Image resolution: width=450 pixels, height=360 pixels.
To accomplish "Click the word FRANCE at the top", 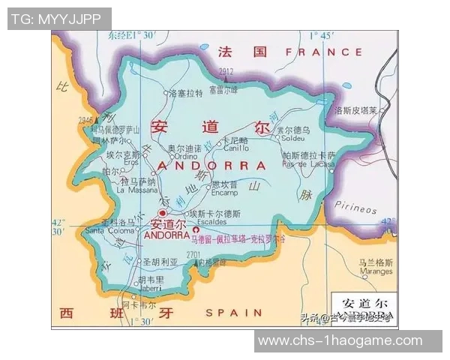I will [x=319, y=52].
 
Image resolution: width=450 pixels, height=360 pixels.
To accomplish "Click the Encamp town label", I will [x=224, y=191].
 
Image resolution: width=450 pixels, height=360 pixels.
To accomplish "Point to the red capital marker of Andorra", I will [x=161, y=214].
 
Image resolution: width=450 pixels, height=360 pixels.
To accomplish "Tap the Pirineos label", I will [x=355, y=208].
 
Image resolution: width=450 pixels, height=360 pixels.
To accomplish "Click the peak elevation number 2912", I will [x=226, y=72].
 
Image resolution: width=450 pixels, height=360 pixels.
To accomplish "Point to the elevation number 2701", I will [x=192, y=255].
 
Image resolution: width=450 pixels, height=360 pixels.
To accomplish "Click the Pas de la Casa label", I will [x=309, y=164].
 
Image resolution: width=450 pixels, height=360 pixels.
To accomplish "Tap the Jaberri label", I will [x=149, y=287].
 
